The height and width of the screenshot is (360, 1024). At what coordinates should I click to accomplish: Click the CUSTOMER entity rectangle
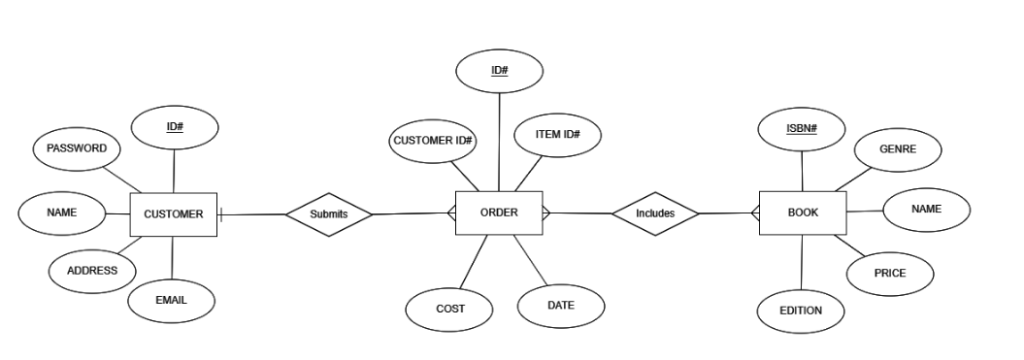173,214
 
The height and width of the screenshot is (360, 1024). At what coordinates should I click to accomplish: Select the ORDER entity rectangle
499,213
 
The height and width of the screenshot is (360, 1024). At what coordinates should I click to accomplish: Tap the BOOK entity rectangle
803,213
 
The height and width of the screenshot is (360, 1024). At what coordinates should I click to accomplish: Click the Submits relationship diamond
328,213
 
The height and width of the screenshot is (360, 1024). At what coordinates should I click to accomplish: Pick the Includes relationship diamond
655,213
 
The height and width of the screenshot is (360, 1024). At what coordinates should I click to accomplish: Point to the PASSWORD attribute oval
77,148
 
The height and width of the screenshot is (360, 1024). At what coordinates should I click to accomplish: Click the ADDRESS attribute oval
92,271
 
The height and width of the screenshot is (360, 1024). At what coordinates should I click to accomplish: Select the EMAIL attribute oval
171,301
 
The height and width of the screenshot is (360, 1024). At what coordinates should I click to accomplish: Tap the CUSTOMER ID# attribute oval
432,141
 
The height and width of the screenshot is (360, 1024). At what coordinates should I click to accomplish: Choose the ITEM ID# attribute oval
557,134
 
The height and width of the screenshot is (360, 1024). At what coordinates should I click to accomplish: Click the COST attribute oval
449,309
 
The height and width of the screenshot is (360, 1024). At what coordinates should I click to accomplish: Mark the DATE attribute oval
560,306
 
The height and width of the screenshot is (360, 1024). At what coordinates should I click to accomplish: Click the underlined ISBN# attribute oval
801,130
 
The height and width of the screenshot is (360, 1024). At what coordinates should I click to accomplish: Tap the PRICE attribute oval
889,274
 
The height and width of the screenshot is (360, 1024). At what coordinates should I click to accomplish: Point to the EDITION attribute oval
800,311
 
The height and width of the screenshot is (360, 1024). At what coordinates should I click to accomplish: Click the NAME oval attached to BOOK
926,210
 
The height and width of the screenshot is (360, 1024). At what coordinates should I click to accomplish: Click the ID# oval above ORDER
499,71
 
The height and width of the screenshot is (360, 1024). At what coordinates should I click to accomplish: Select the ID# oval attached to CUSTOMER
175,127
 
